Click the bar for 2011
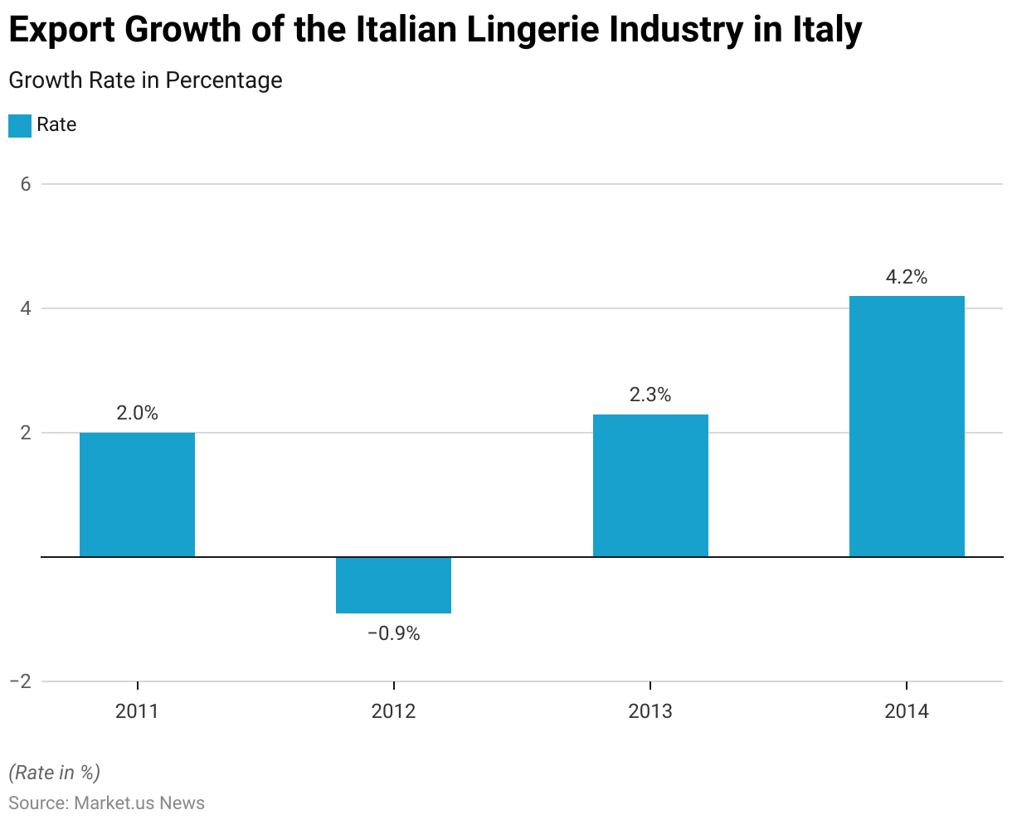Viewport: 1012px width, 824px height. click(x=137, y=494)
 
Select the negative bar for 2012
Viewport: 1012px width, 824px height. click(x=393, y=585)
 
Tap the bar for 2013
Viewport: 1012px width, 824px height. click(x=650, y=485)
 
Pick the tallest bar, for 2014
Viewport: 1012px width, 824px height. click(x=907, y=426)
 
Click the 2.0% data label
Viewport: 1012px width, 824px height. click(x=137, y=413)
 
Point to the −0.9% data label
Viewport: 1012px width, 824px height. click(x=393, y=634)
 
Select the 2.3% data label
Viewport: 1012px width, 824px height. click(x=650, y=395)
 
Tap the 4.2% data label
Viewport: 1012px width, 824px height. click(x=907, y=278)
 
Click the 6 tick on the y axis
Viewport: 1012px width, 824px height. click(x=26, y=184)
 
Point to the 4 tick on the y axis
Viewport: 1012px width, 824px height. click(x=26, y=308)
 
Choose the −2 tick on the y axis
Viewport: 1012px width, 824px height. click(x=21, y=681)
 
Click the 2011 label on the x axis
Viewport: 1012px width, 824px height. click(x=137, y=711)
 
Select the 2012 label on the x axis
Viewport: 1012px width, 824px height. click(x=393, y=711)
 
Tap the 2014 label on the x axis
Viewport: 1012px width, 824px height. click(x=907, y=711)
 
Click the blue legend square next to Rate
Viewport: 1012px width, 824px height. click(x=20, y=125)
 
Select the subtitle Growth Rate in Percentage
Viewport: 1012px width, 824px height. click(x=145, y=80)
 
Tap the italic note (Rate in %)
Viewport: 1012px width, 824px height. click(x=55, y=773)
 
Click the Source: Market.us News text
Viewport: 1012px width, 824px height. click(x=106, y=802)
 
